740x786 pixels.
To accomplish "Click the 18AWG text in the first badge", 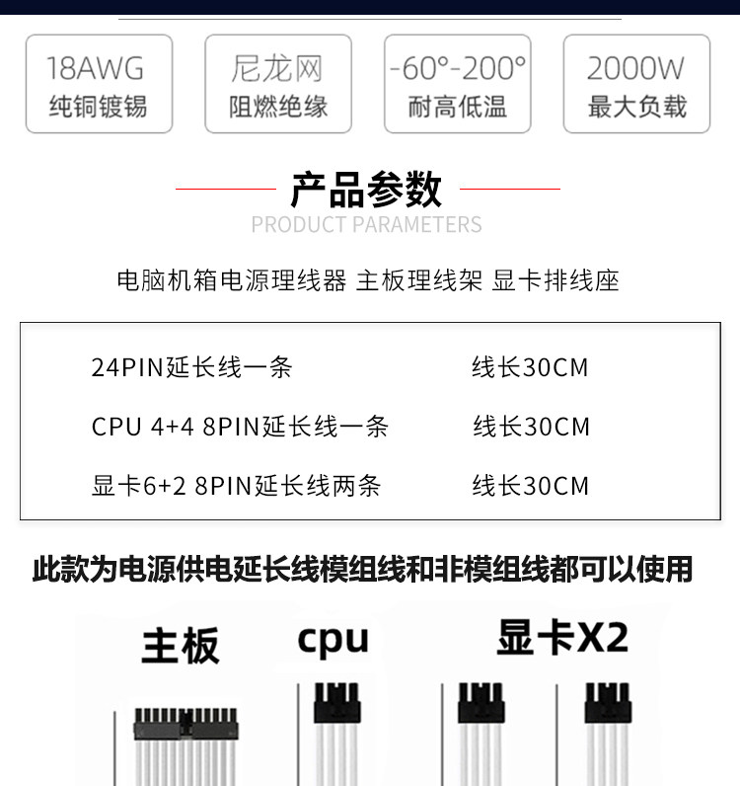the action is [x=96, y=68].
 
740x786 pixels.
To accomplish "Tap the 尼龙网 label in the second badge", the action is [x=277, y=68].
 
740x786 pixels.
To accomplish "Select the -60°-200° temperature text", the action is [x=457, y=68].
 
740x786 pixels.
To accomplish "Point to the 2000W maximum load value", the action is [x=635, y=68].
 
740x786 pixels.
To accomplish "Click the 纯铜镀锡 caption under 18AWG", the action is [x=98, y=107].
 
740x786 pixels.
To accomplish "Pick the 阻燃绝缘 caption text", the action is [x=278, y=107].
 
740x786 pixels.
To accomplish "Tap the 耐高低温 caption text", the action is [x=457, y=107].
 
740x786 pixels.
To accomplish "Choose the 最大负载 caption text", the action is [x=636, y=107].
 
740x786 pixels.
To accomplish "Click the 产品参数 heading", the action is [x=366, y=189].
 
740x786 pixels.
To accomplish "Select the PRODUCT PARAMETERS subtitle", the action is [x=366, y=225].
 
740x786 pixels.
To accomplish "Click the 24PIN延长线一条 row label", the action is [x=192, y=367].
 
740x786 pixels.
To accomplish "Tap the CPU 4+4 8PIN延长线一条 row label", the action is [x=240, y=427].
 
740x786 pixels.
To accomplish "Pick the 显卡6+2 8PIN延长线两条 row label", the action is [x=236, y=486].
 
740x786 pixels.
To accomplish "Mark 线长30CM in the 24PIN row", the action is [x=530, y=367].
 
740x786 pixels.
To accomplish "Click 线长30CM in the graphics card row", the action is [x=530, y=486].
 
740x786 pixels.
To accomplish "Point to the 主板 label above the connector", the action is [x=180, y=646].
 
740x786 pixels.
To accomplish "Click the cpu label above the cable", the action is [x=333, y=639].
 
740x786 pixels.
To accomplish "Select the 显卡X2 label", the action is [x=563, y=637].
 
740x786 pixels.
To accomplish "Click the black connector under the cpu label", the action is [x=336, y=705].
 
